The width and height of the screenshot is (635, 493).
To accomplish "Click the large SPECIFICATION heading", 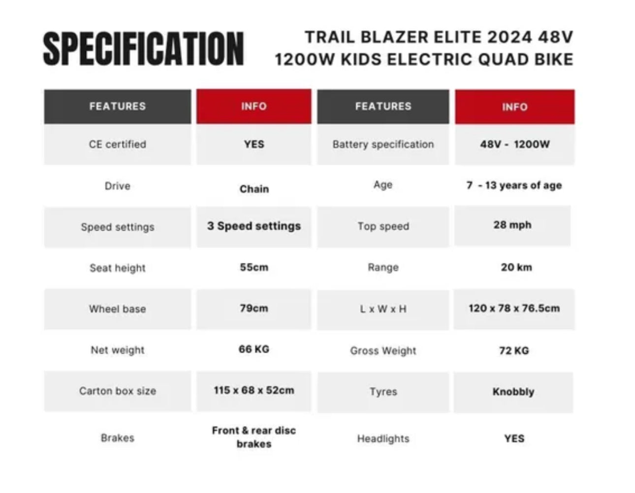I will coord(143,49).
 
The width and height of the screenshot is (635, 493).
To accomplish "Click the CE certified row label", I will coord(118,144).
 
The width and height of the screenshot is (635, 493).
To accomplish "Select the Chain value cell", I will coord(254,189).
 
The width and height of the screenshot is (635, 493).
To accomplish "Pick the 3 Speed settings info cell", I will coord(254,226).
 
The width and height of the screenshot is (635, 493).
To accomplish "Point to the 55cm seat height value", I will coord(254,267).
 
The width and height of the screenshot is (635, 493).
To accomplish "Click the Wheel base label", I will coord(118,309).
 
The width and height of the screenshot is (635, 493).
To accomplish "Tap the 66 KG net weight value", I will coord(254,349).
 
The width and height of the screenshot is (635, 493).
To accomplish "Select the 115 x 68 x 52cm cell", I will coord(254,391).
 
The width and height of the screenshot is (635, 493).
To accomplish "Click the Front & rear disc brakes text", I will coord(254,437).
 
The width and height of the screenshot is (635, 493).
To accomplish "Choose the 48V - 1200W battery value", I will coord(515,144).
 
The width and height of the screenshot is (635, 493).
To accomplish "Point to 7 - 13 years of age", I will coord(514,185).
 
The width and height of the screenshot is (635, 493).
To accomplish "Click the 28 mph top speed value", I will coord(512,225).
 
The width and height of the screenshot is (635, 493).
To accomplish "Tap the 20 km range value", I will coord(516,267).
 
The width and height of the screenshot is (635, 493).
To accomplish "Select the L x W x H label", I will coord(383,309).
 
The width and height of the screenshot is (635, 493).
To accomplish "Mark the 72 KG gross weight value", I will coord(514,350).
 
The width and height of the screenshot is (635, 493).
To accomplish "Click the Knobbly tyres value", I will coord(513,392).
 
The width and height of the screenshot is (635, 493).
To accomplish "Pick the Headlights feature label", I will coord(383,438).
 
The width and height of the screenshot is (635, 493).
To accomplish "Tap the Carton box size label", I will coord(118,391).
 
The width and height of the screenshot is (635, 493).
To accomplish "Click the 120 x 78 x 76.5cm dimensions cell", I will coord(514,308).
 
